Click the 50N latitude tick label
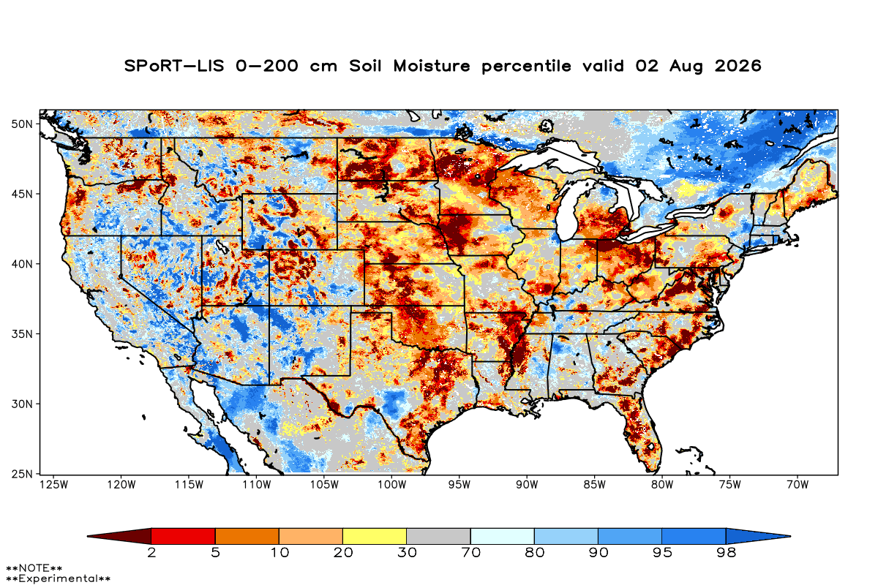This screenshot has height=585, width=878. click(x=22, y=124)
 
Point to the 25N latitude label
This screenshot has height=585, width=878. click(x=22, y=474)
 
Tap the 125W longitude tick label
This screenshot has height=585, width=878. click(x=54, y=485)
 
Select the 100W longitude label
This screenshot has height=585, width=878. click(x=392, y=485)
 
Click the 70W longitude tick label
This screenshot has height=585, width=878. click(x=798, y=485)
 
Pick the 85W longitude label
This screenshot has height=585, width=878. click(x=595, y=485)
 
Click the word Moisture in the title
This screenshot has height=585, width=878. click(x=432, y=66)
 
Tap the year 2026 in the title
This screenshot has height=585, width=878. click(x=738, y=66)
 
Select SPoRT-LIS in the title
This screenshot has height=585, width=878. click(x=174, y=66)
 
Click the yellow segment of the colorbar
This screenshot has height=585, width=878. click(x=375, y=536)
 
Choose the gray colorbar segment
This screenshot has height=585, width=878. click(x=438, y=536)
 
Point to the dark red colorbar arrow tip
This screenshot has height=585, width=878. click(x=88, y=536)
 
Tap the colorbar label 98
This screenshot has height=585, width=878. click(x=726, y=553)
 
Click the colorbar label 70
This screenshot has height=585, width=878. click(x=470, y=553)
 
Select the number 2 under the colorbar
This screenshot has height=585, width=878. click(x=151, y=553)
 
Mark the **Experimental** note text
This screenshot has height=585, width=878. click(x=58, y=578)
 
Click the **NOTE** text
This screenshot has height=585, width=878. click(x=34, y=568)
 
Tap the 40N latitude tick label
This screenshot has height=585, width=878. click(x=22, y=264)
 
